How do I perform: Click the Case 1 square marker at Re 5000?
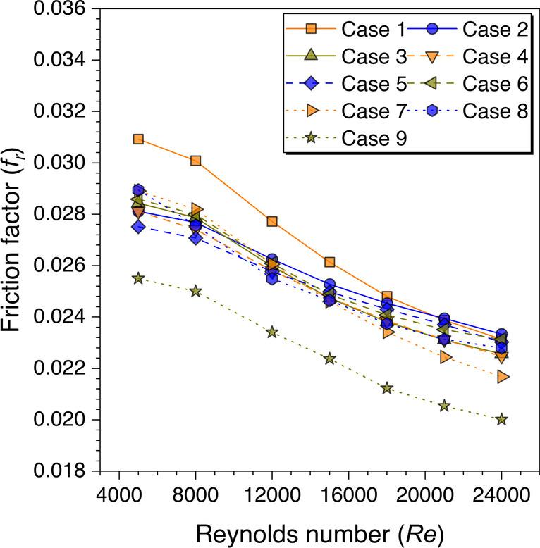[x=138, y=139]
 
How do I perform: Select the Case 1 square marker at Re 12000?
[x=272, y=222]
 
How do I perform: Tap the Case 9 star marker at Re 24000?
[x=501, y=419]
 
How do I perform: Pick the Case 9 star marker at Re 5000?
[x=138, y=278]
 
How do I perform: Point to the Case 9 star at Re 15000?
[x=329, y=359]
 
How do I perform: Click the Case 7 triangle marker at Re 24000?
[x=502, y=377]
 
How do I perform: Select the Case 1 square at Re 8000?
[x=196, y=161]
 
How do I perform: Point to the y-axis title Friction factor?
[x=18, y=239]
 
